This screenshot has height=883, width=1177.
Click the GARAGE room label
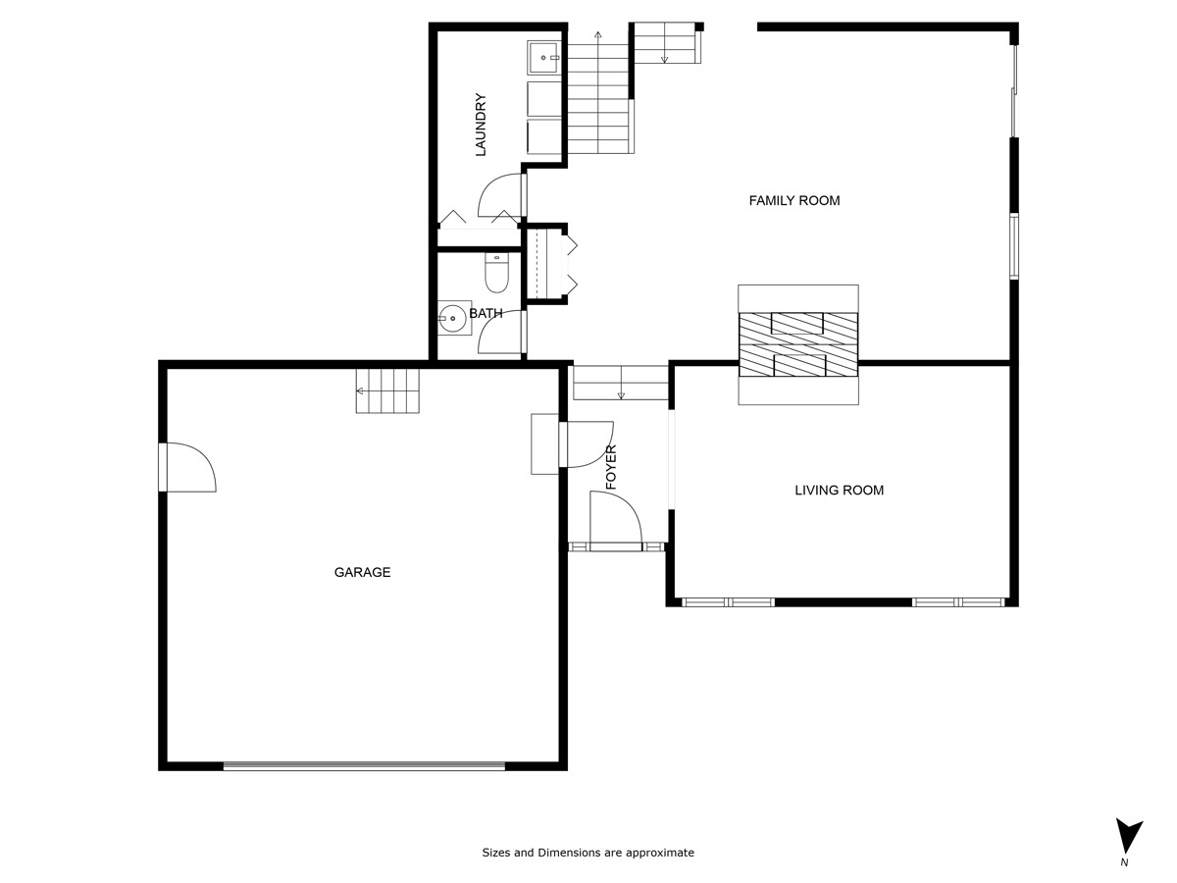click(362, 572)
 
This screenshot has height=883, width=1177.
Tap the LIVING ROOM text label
click(839, 490)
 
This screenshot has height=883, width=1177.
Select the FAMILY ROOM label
click(794, 200)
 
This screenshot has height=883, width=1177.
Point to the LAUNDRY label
click(481, 125)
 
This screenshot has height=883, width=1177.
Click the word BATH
click(486, 313)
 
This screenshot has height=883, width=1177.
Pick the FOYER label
click(611, 467)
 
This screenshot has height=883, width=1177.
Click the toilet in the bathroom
click(496, 274)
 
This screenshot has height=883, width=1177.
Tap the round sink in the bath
click(453, 318)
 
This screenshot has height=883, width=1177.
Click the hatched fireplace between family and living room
click(797, 344)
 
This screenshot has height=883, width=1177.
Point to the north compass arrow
click(1129, 837)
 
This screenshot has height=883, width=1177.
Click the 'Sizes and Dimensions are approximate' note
click(588, 853)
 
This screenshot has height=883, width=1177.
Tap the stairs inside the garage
click(387, 390)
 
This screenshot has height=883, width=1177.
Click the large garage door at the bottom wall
click(364, 766)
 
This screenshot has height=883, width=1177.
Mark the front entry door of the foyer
click(615, 520)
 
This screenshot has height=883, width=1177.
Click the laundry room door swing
click(501, 194)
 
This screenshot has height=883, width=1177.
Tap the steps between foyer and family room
click(620, 382)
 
